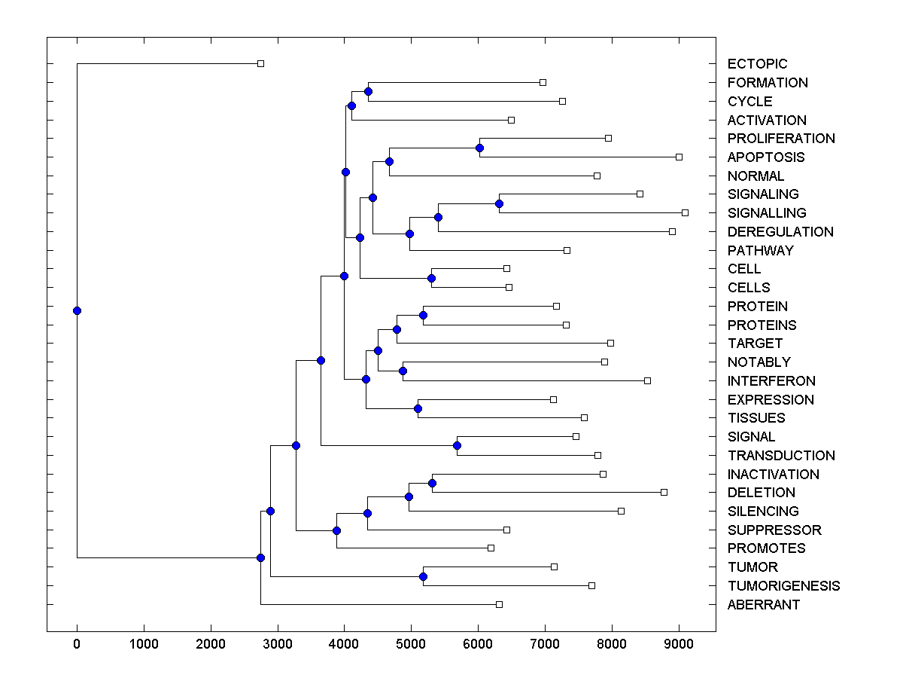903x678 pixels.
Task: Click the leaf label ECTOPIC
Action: tap(757, 64)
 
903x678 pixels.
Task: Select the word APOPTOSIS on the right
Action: tap(765, 157)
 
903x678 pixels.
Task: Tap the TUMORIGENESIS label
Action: tap(783, 586)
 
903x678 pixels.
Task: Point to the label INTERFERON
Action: tap(771, 381)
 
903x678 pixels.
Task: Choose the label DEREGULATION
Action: tap(780, 232)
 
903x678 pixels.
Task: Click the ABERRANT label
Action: tap(764, 605)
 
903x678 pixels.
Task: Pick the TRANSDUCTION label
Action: tap(781, 456)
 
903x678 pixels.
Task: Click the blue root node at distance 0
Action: tap(77, 310)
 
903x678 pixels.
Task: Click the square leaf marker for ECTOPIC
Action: tap(260, 63)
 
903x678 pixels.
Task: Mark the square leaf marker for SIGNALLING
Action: tap(685, 212)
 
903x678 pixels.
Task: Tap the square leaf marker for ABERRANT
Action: tap(499, 604)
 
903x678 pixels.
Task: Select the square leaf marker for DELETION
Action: tap(664, 492)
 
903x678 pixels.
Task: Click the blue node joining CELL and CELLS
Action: tap(431, 278)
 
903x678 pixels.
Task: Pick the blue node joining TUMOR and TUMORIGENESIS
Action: tap(423, 576)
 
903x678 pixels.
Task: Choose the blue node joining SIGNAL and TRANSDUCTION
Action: tap(457, 445)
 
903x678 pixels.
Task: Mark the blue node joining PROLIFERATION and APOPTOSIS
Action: tap(479, 148)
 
